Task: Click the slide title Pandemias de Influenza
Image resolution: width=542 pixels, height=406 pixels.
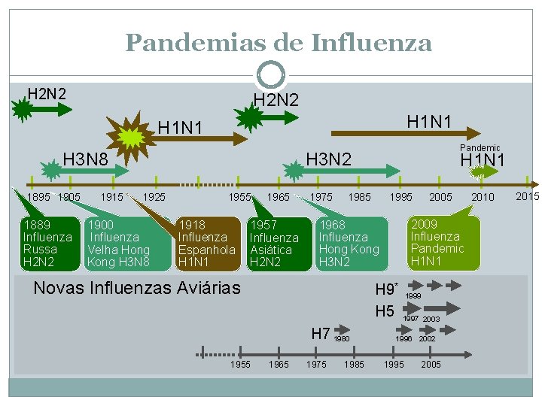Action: coord(279,42)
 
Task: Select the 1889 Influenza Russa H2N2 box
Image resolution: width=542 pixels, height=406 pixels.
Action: coord(47,243)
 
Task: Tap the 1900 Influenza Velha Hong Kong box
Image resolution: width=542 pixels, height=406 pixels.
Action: coord(119,243)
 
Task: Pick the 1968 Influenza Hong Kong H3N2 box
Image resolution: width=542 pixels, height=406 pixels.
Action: coord(349,243)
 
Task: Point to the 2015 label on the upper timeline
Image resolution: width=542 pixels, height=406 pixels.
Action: coord(528,196)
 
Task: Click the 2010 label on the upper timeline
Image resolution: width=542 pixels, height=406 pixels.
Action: coord(483,197)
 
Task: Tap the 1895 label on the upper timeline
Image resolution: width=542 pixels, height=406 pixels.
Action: coord(38,197)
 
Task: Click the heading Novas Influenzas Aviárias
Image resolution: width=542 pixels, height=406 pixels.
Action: coord(137,287)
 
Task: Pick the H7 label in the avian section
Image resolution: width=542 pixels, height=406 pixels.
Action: coord(321,332)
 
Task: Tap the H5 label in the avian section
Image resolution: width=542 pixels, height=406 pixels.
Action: coord(385,311)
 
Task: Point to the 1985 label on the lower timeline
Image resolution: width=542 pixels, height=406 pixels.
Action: coord(354,365)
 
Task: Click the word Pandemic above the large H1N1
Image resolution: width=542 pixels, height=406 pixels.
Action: coord(480,148)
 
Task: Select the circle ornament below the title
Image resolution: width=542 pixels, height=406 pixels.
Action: coord(271,75)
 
